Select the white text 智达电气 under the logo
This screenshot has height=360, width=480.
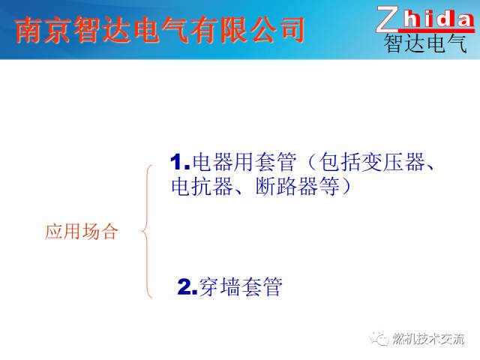tap(425, 43)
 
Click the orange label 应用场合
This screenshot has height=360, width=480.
tap(81, 232)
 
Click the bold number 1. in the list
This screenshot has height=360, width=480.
tap(180, 161)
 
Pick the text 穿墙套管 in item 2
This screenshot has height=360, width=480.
tap(241, 286)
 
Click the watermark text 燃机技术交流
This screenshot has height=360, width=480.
tap(428, 338)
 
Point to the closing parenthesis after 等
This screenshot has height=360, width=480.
tap(346, 185)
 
